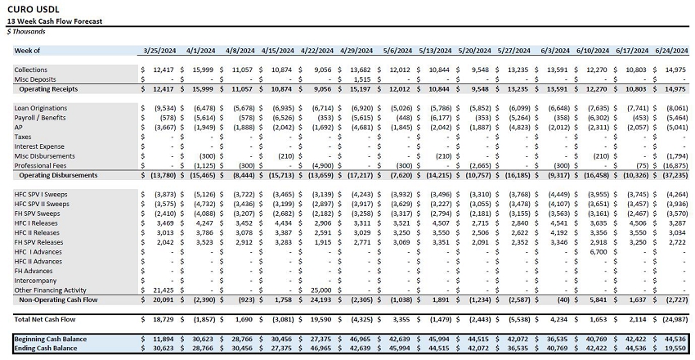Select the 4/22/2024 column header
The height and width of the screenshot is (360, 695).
321,51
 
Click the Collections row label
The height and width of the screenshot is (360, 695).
30,70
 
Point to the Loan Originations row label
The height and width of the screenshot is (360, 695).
41,108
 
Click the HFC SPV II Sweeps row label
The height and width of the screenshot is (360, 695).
43,203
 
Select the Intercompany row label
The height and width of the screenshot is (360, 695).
36,280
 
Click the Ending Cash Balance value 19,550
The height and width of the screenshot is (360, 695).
674,348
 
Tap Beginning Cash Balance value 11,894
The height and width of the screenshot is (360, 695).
160,338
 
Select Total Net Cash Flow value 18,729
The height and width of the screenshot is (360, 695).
160,318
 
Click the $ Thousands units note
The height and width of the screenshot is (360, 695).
26,31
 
